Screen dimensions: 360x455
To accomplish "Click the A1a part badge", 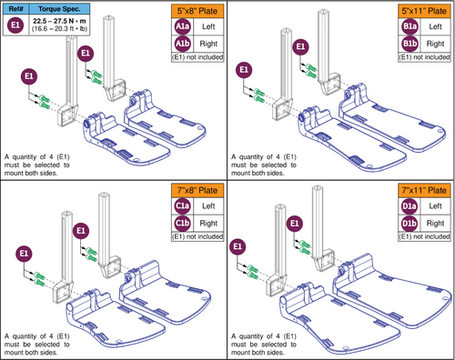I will (183, 27).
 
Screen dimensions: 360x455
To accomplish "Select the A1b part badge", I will (183, 43).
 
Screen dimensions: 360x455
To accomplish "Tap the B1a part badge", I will (410, 27).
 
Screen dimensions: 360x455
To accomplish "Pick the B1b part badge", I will (410, 43).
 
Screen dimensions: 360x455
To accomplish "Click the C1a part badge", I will (183, 207).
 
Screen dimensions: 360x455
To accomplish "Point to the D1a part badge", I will (410, 207).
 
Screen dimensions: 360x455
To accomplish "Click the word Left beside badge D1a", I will (436, 207).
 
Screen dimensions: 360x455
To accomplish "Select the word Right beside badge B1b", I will (436, 43).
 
